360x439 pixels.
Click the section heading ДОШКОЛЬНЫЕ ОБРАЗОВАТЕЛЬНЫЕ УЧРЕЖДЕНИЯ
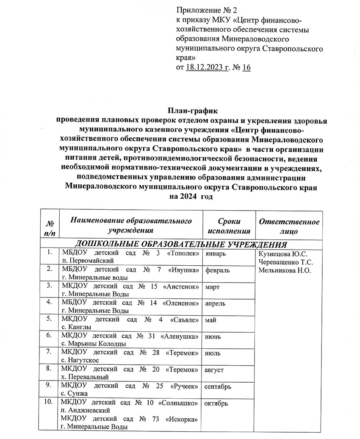181,245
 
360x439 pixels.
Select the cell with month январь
218,254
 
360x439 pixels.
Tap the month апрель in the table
218,304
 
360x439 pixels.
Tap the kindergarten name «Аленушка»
183,336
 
